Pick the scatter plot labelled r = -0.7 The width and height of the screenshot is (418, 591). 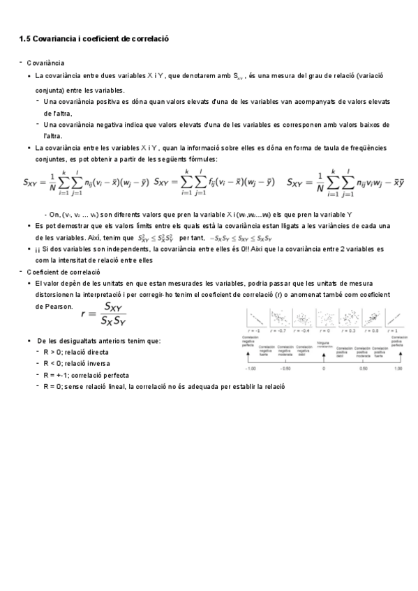tap(279, 318)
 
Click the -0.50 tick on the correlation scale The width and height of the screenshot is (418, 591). tap(285, 369)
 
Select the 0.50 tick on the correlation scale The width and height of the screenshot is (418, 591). tap(363, 369)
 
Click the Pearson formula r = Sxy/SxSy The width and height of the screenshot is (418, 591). tap(103, 314)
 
